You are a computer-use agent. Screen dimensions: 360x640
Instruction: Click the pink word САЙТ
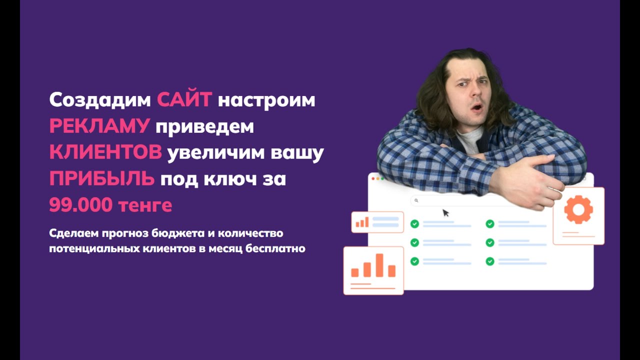click(184, 100)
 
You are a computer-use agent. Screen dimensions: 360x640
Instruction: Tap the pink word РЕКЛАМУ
click(99, 126)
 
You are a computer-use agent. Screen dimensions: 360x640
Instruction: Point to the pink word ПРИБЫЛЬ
click(101, 179)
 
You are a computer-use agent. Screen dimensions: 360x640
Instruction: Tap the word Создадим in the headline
click(99, 100)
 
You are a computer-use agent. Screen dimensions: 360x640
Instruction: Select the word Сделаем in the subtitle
click(72, 233)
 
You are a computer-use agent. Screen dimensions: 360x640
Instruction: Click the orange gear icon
click(578, 209)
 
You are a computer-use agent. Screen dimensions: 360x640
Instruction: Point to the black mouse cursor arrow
click(445, 213)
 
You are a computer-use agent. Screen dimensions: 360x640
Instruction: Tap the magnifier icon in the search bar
click(416, 200)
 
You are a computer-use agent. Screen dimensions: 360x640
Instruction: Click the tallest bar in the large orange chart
click(379, 265)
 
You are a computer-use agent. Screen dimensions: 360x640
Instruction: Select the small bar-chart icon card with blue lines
click(377, 222)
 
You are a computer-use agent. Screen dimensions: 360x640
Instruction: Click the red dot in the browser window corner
click(373, 178)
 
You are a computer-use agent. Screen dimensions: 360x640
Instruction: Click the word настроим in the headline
click(266, 100)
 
